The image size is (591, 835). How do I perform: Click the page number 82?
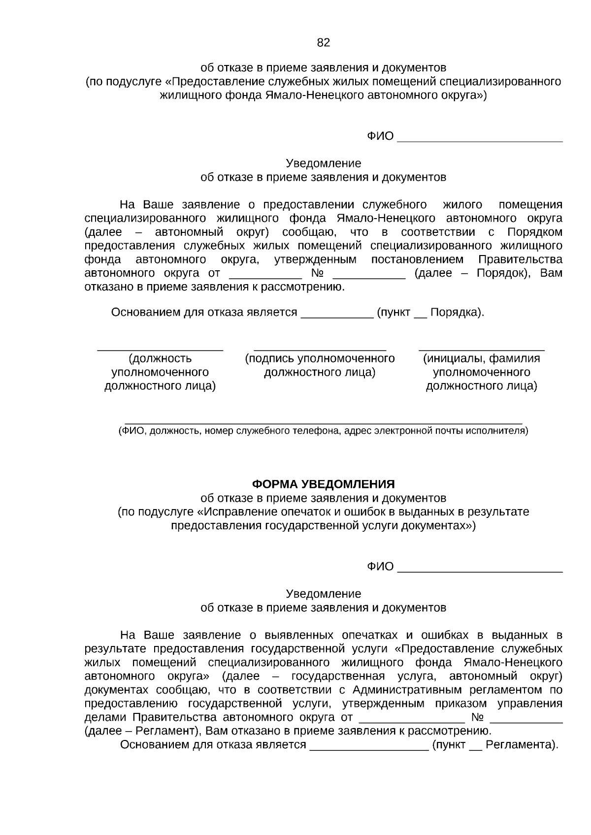[323, 43]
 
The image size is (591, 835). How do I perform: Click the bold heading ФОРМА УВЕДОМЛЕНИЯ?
[323, 483]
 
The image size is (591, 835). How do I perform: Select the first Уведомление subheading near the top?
[323, 163]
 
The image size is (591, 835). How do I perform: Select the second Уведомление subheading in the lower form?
[323, 593]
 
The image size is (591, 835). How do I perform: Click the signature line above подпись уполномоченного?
[320, 350]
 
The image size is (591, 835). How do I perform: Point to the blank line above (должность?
[160, 350]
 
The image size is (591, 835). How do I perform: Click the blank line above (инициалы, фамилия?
[481, 350]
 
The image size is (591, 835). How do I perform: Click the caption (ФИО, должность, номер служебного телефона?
[323, 431]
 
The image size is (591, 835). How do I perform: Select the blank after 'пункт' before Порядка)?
[420, 316]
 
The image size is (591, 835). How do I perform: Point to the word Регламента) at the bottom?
[521, 744]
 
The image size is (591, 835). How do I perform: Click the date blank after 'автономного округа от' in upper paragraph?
[265, 276]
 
